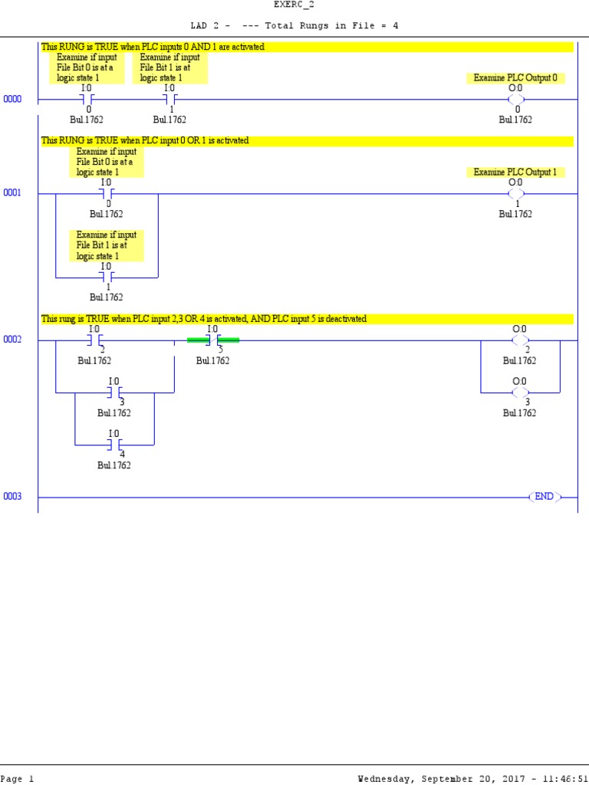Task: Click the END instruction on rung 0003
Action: click(x=544, y=497)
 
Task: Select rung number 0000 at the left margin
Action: click(x=12, y=100)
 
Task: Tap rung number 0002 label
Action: click(x=12, y=340)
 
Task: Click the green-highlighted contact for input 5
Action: click(x=213, y=340)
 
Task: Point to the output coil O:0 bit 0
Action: click(x=516, y=100)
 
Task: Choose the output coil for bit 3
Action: click(x=520, y=392)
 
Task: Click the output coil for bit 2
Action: click(x=520, y=340)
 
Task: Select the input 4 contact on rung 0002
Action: click(x=114, y=444)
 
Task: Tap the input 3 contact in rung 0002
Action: click(x=114, y=392)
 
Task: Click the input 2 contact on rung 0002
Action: click(x=95, y=340)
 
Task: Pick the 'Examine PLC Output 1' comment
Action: click(x=515, y=172)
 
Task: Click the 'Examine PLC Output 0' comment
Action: click(x=515, y=78)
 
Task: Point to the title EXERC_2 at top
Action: click(x=294, y=5)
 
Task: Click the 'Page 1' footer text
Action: click(x=17, y=779)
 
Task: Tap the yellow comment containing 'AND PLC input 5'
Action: click(x=307, y=319)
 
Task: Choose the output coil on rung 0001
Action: click(x=516, y=193)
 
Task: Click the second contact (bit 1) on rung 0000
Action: click(x=170, y=100)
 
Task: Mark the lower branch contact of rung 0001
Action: click(x=107, y=276)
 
